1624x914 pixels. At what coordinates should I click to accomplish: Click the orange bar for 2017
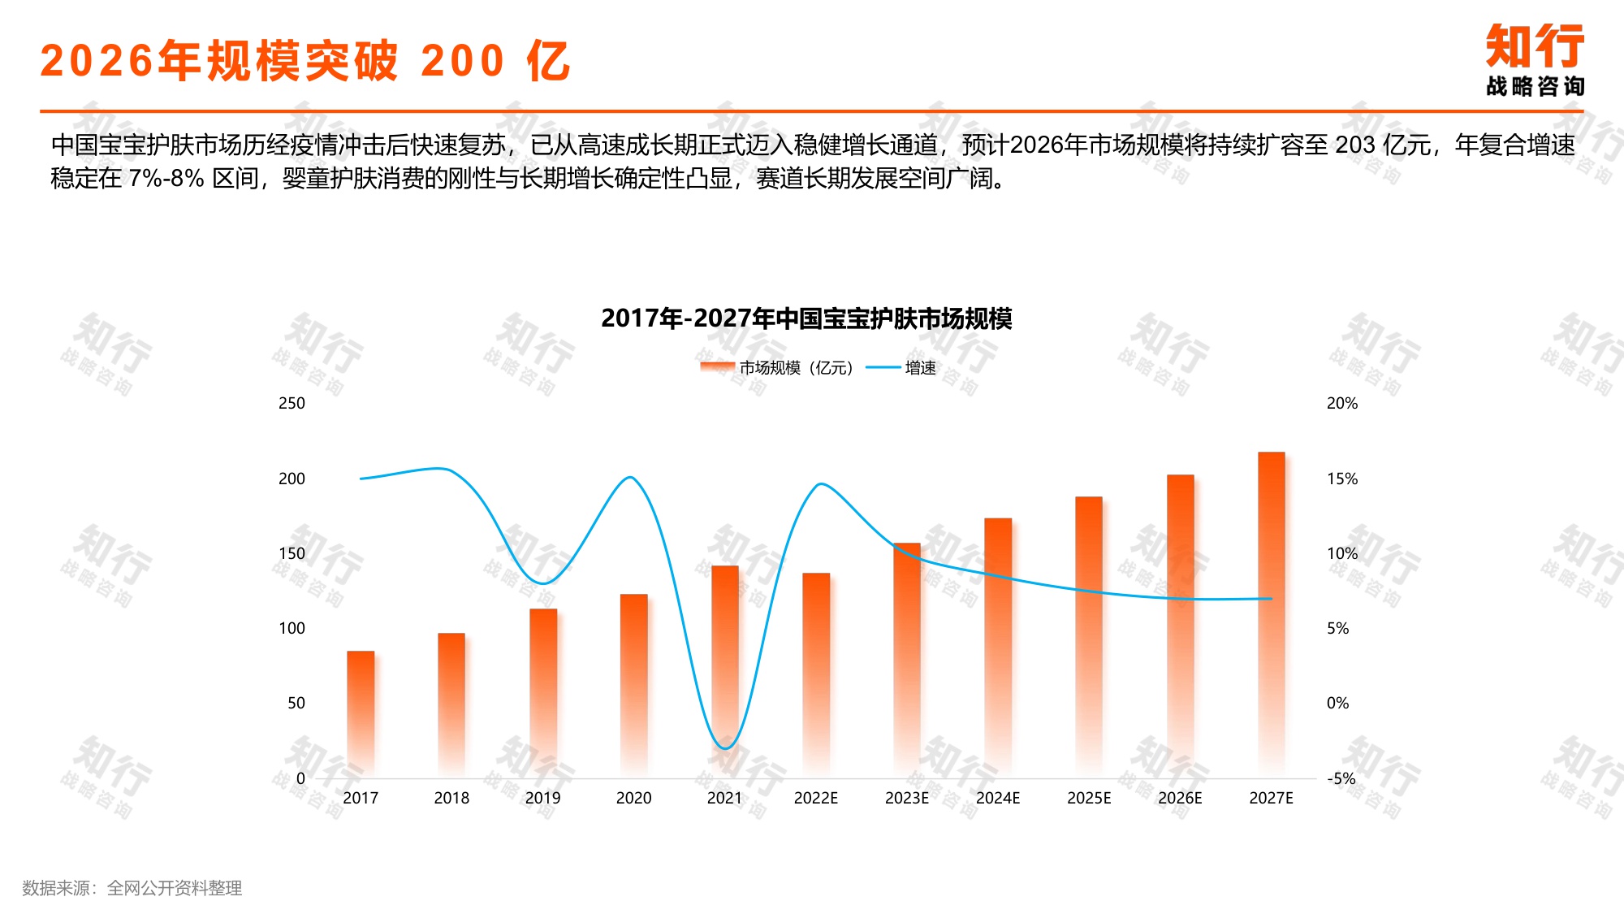pyautogui.click(x=361, y=711)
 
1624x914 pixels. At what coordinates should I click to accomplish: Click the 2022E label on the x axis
pyautogui.click(x=815, y=798)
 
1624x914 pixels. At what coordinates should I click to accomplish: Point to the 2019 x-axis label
pyautogui.click(x=542, y=798)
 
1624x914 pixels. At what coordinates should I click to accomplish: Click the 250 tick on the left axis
pyautogui.click(x=292, y=403)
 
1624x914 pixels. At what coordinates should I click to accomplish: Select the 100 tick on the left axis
pyautogui.click(x=292, y=628)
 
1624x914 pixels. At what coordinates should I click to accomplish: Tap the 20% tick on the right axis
pyautogui.click(x=1341, y=403)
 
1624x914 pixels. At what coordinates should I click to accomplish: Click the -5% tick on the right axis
pyautogui.click(x=1341, y=778)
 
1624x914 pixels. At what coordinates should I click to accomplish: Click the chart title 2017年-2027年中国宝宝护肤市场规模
pyautogui.click(x=806, y=318)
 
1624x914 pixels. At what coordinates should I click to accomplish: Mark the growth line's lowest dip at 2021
pyautogui.click(x=725, y=747)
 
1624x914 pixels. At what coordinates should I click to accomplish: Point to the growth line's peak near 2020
pyautogui.click(x=631, y=477)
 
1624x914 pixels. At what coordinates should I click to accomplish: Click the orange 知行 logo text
pyautogui.click(x=1534, y=46)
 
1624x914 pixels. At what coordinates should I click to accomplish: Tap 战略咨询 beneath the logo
pyautogui.click(x=1534, y=86)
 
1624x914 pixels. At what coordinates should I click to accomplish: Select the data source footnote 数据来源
pyautogui.click(x=132, y=888)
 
